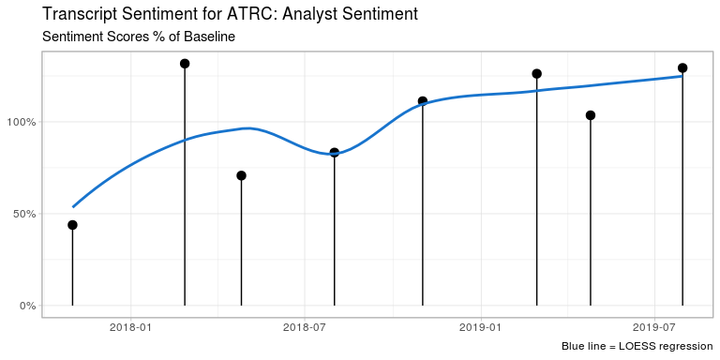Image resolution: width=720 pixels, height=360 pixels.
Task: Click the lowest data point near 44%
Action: tap(72, 225)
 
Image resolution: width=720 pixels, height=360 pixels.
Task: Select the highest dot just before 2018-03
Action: tap(185, 64)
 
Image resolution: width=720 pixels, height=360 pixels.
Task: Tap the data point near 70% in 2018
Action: tap(241, 175)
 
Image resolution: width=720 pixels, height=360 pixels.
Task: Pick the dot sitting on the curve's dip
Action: tap(334, 152)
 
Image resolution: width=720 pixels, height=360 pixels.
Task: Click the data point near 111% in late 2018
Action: tap(423, 101)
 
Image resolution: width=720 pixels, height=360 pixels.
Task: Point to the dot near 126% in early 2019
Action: tap(536, 74)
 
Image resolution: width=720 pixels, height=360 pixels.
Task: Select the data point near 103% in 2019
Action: tap(591, 115)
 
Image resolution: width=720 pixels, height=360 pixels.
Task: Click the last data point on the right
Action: tap(682, 67)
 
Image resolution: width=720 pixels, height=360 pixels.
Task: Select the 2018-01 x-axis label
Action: tap(130, 327)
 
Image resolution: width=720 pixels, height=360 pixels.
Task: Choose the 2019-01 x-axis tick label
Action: tap(480, 327)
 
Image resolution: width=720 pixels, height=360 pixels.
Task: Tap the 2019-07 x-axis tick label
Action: tap(653, 327)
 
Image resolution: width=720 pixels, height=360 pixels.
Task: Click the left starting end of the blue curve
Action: tap(73, 206)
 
